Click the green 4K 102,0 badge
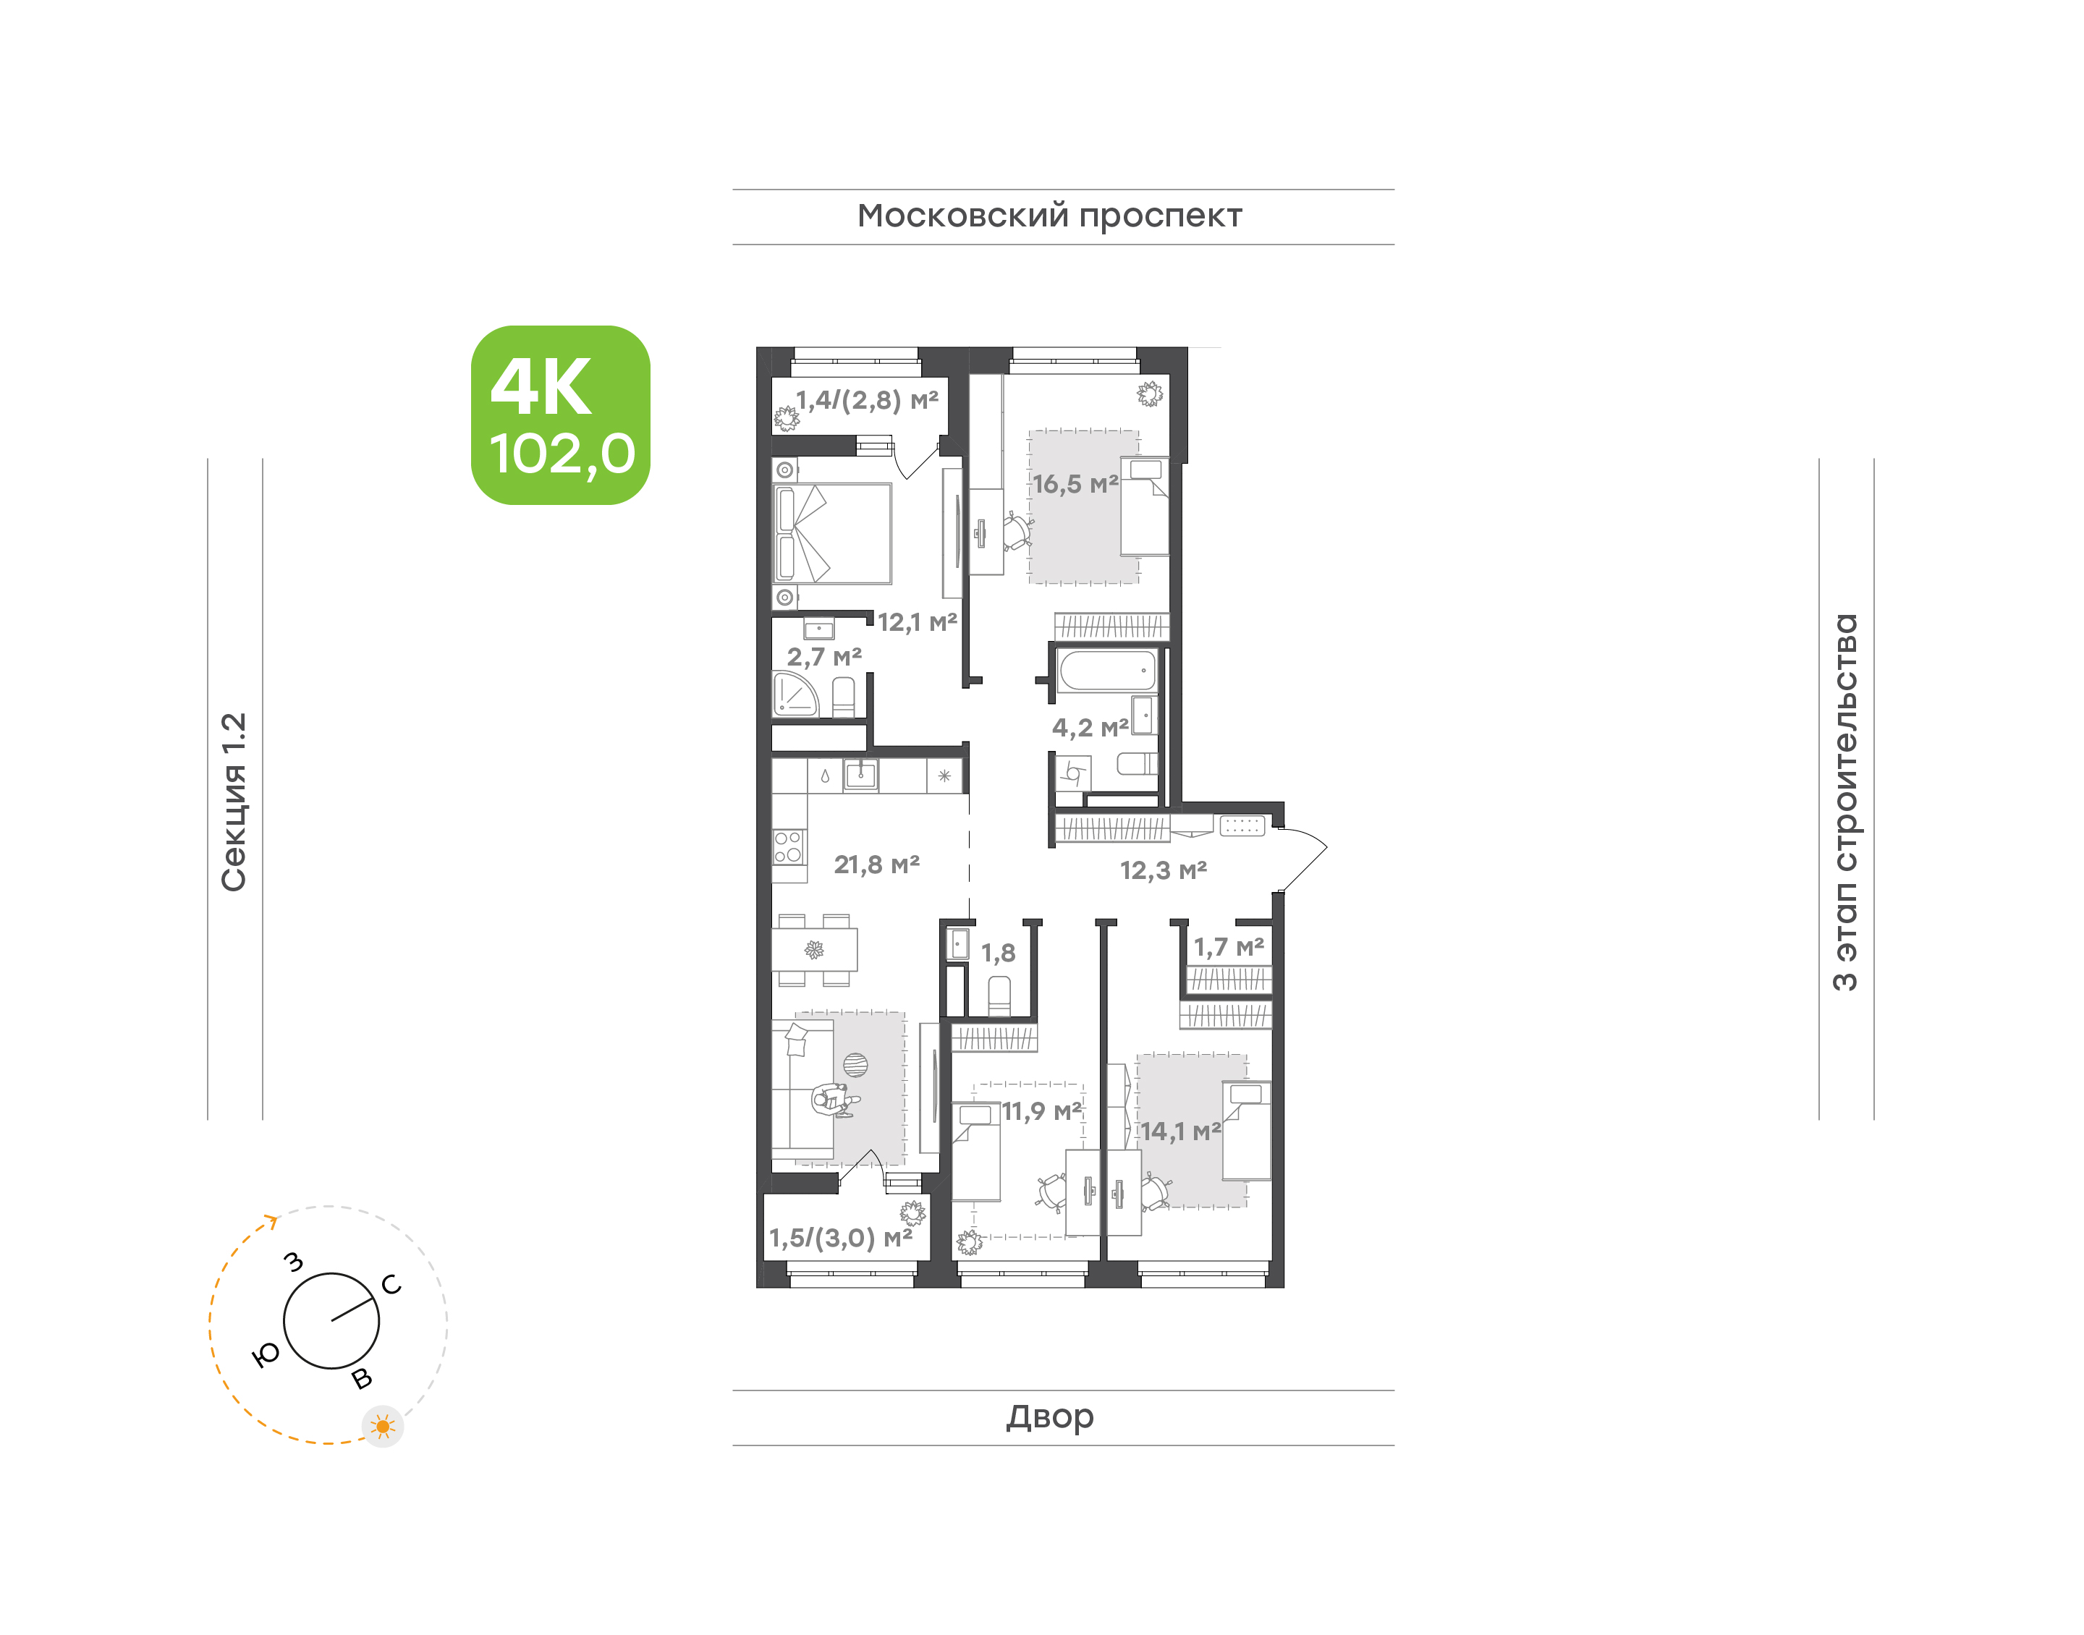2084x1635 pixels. tap(560, 415)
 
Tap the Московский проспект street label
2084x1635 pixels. tap(1049, 216)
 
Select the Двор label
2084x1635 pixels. tap(1049, 1417)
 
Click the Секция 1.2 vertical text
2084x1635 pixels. tap(234, 802)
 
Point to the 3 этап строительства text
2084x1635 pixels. tap(1844, 802)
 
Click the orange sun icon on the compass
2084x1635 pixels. tap(383, 1427)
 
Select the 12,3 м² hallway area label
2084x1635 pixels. tap(1163, 870)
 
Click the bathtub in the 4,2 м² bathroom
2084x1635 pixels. tap(1108, 670)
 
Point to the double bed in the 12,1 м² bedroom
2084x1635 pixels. tap(832, 533)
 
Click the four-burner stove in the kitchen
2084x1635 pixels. tap(789, 847)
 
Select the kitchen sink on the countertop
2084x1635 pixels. tap(860, 774)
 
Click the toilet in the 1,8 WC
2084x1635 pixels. tap(999, 995)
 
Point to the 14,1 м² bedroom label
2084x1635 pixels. tap(1179, 1131)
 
